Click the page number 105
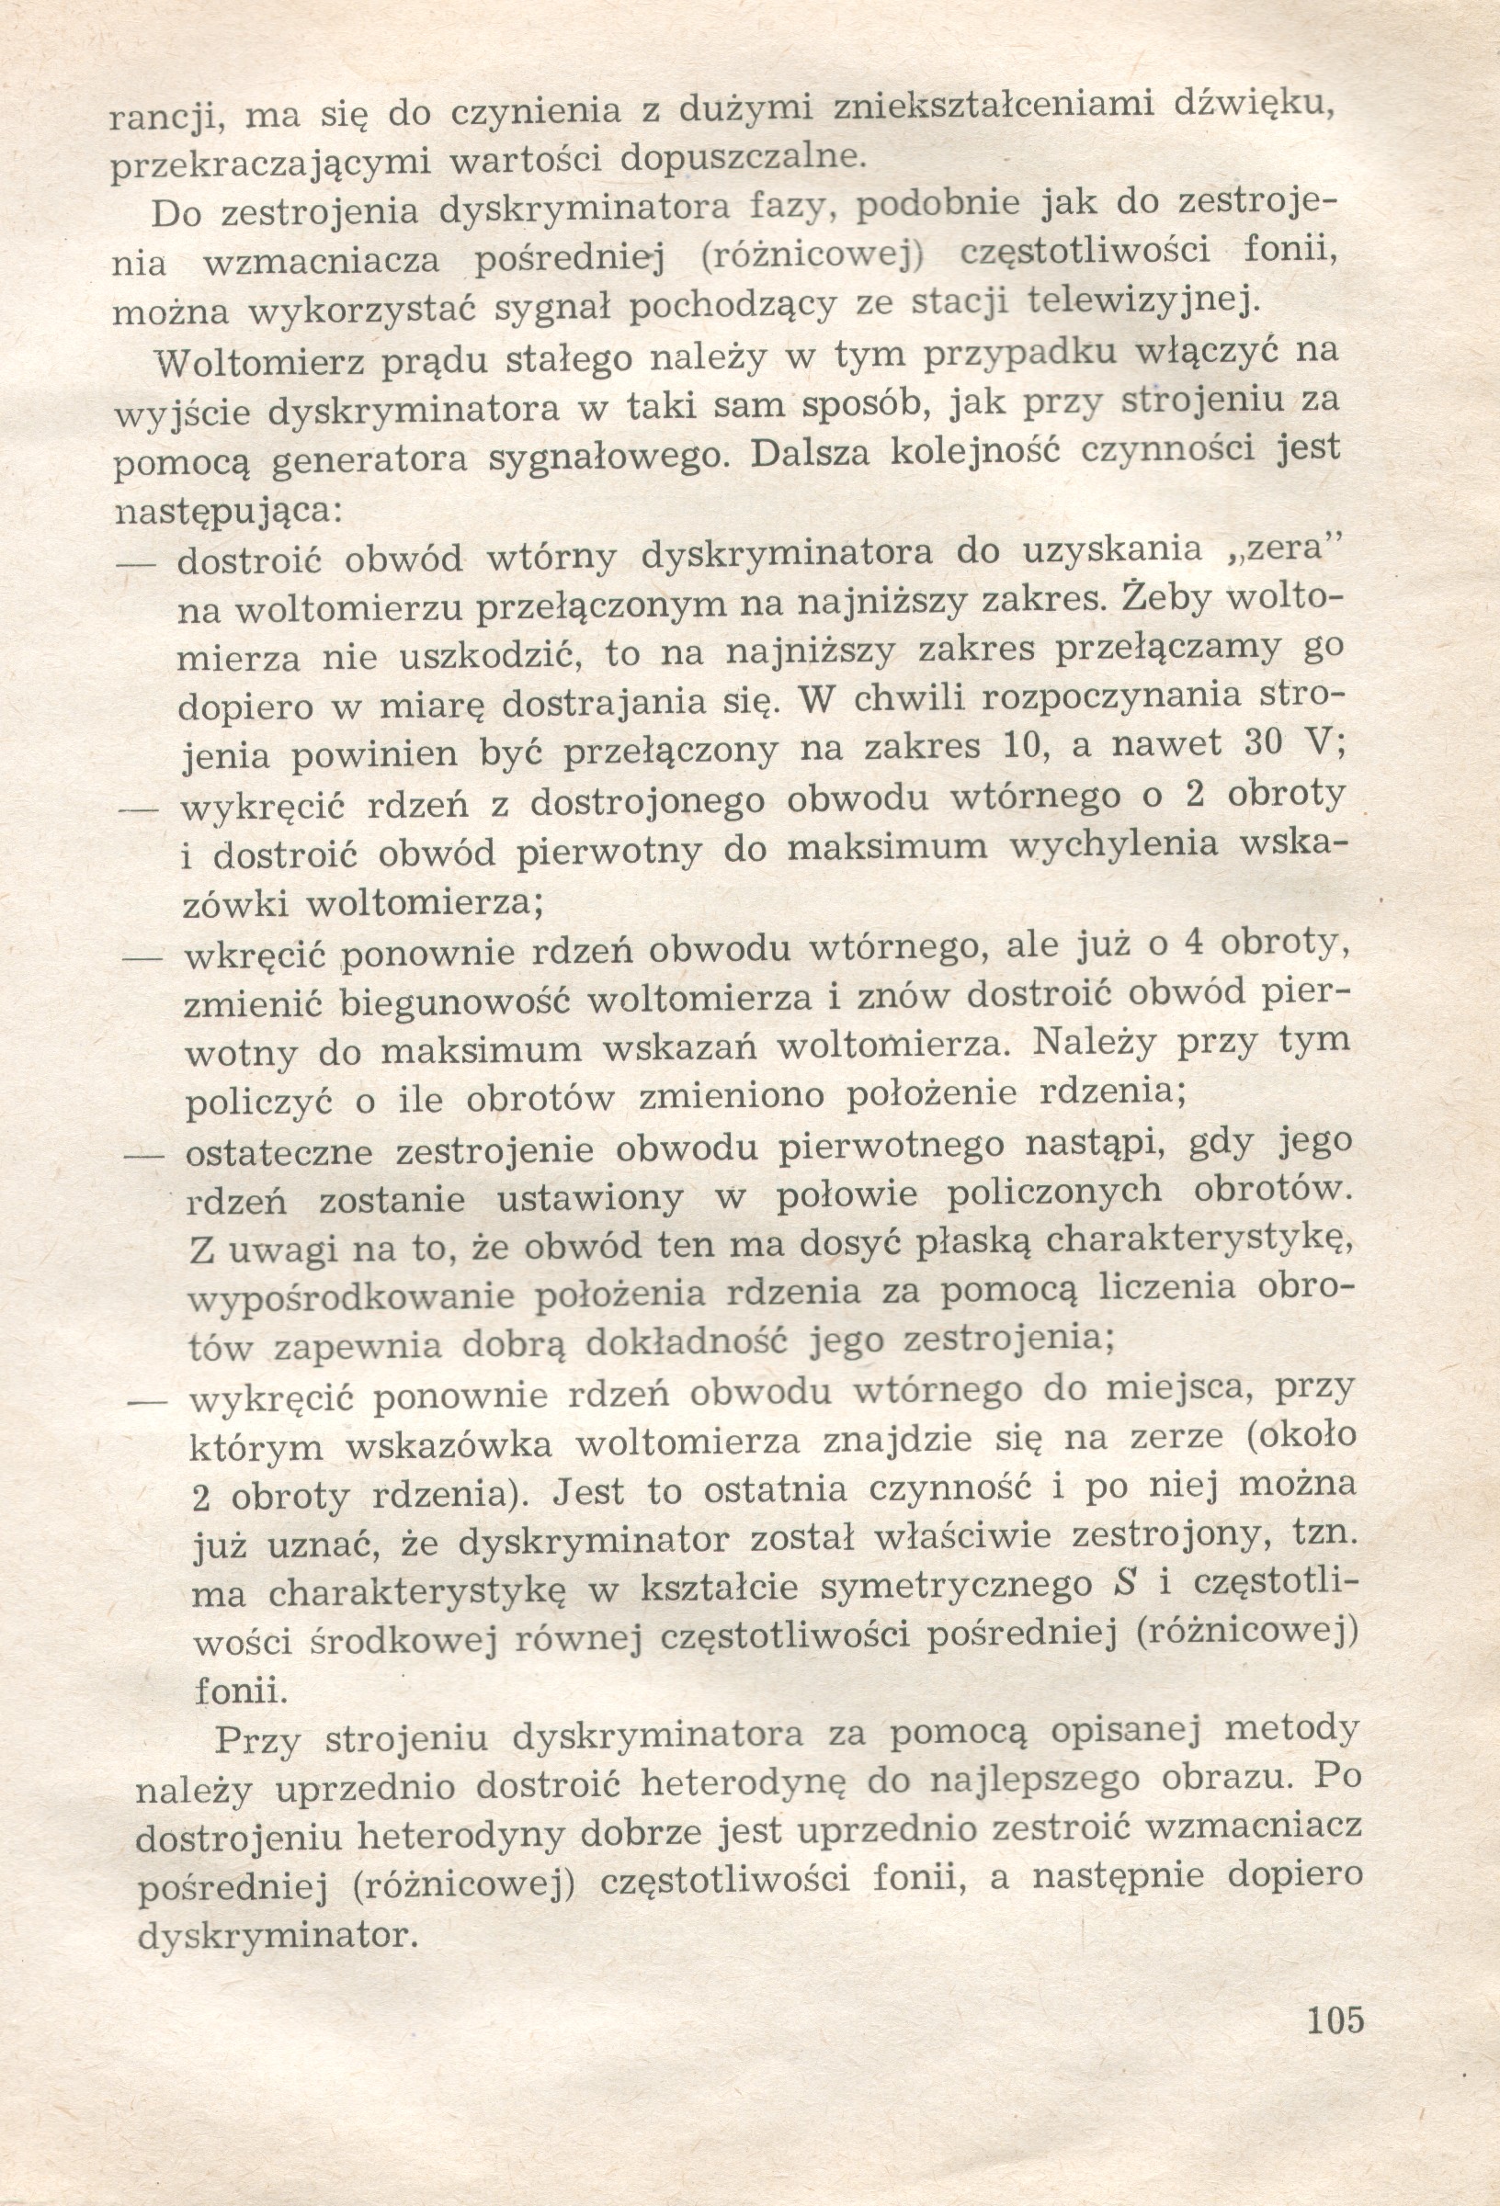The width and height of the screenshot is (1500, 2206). click(1335, 2044)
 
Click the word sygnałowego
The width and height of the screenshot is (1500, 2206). click(608, 458)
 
